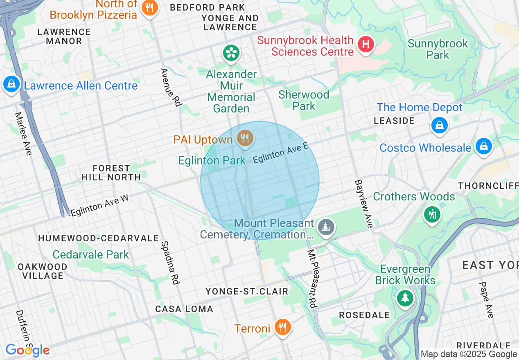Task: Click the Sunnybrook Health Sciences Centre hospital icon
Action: pos(366,44)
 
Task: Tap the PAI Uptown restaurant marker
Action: pos(245,138)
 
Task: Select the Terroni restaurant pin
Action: pos(282,327)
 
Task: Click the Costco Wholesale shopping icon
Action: pos(483,146)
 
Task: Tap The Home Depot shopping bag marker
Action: pos(439,125)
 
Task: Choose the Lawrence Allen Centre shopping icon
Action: pos(11,84)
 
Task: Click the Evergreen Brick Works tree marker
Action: pos(405,297)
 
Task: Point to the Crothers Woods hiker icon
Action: pos(432,214)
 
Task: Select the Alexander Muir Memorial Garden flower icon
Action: pos(231,52)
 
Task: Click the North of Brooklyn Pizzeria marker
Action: pos(150,8)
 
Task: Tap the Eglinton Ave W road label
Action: pos(99,205)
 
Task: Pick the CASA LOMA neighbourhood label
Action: pos(184,309)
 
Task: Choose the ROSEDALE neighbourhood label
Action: pos(364,315)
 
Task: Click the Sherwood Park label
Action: pos(304,100)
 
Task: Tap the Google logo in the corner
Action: pos(27,350)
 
